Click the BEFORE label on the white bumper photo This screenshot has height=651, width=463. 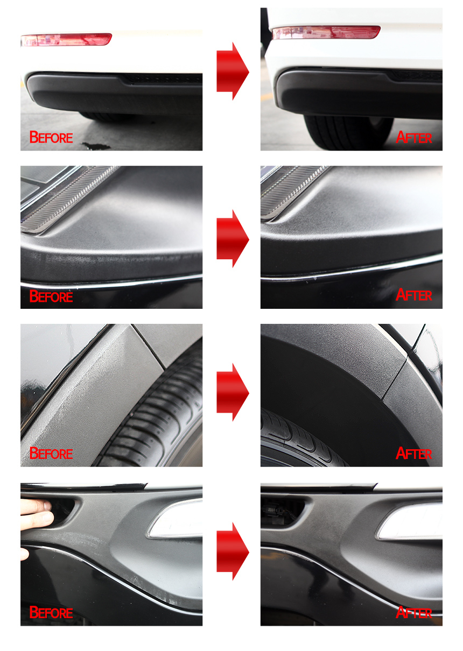pyautogui.click(x=51, y=137)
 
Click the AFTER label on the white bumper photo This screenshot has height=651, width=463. pyautogui.click(x=413, y=137)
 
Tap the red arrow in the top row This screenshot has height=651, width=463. pyautogui.click(x=233, y=71)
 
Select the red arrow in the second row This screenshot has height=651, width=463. pyautogui.click(x=233, y=238)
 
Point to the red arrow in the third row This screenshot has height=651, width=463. pyautogui.click(x=233, y=392)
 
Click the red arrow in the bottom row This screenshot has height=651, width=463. pyautogui.click(x=233, y=551)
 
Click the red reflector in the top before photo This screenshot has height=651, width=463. pyautogui.click(x=66, y=39)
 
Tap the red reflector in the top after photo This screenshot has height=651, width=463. pyautogui.click(x=326, y=32)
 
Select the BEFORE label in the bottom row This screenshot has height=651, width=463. pyautogui.click(x=51, y=612)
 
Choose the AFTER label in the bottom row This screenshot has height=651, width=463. pyautogui.click(x=413, y=612)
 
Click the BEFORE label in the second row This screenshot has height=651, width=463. pyautogui.click(x=51, y=296)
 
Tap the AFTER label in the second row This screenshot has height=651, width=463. pyautogui.click(x=413, y=295)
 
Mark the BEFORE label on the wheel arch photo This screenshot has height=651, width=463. pyautogui.click(x=51, y=454)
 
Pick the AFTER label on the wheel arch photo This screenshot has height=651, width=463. pyautogui.click(x=413, y=454)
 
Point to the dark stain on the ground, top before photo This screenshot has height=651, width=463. pyautogui.click(x=96, y=146)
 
